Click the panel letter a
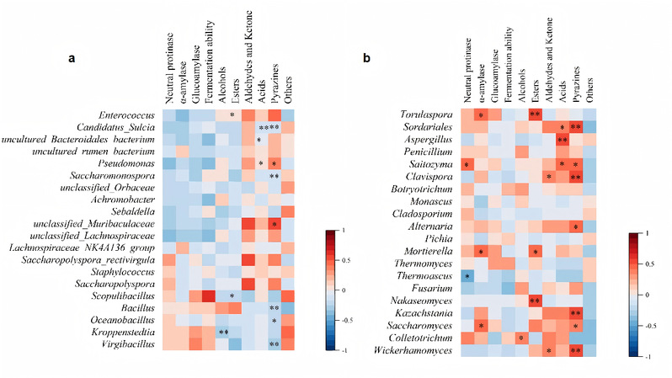click(72, 59)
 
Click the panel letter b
click(365, 59)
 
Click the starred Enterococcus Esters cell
click(232, 114)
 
